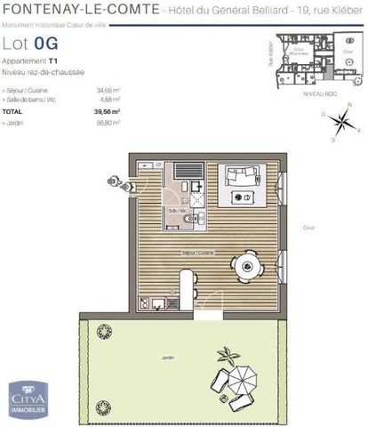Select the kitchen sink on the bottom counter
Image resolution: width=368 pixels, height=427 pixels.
click(x=158, y=305)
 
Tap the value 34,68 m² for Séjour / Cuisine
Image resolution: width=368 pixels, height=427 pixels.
click(x=108, y=90)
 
